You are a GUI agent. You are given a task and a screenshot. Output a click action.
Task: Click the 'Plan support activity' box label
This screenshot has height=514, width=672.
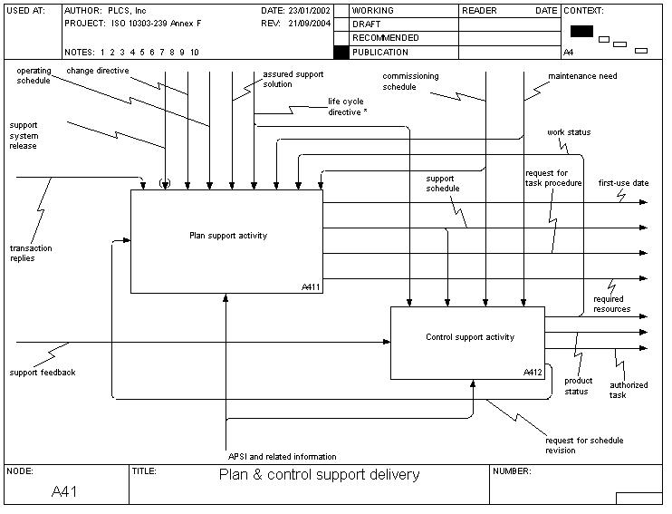(x=228, y=236)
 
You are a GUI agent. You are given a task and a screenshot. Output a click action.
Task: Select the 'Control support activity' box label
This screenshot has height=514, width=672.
(x=470, y=337)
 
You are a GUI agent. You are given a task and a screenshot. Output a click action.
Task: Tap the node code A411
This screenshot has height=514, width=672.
(x=312, y=286)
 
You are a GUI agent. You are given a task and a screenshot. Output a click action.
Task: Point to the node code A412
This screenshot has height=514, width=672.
(x=533, y=373)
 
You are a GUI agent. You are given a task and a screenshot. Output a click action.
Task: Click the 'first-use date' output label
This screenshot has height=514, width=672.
(x=623, y=183)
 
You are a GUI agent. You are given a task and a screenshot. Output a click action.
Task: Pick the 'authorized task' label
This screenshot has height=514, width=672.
(x=629, y=390)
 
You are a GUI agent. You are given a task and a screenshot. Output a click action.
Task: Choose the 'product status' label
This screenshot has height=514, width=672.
(x=578, y=386)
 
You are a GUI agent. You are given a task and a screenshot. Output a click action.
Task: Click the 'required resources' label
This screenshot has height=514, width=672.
(x=611, y=304)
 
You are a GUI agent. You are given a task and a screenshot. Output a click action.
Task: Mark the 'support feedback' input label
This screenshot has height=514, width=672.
(x=42, y=373)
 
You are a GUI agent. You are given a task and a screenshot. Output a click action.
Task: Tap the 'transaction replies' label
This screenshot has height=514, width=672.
(x=30, y=253)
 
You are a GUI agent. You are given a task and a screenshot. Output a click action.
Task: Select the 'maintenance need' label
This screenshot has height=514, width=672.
(x=582, y=76)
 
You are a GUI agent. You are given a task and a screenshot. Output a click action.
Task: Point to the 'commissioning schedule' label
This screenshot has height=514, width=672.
(x=411, y=82)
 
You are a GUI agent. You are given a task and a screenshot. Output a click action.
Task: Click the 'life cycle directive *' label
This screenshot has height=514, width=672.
(x=348, y=107)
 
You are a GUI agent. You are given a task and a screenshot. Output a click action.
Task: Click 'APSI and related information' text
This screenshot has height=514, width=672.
(x=283, y=456)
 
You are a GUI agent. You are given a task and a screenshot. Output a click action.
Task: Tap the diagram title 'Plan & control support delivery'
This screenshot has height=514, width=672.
(x=320, y=475)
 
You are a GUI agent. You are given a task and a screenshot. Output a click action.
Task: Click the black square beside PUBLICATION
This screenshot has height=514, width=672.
(x=341, y=53)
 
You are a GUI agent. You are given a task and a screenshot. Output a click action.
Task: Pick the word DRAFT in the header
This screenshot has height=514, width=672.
(x=366, y=24)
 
